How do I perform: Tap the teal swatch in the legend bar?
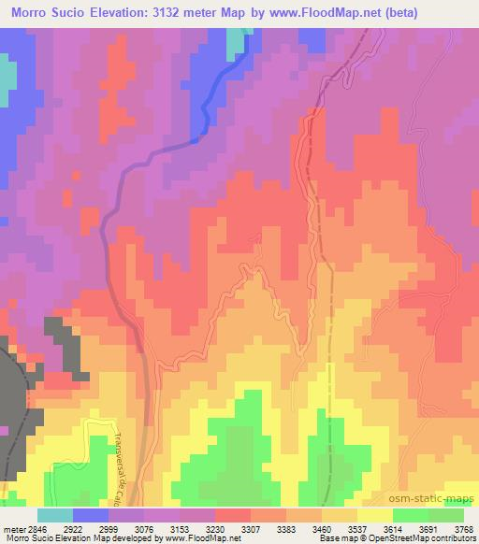54,515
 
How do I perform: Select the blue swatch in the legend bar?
90,515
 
